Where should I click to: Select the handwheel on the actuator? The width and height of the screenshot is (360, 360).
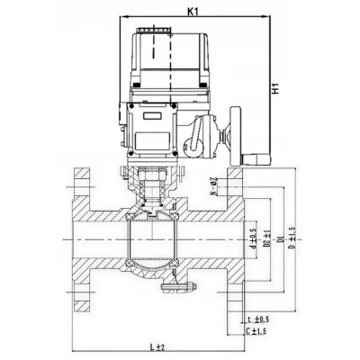[x=238, y=136]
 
